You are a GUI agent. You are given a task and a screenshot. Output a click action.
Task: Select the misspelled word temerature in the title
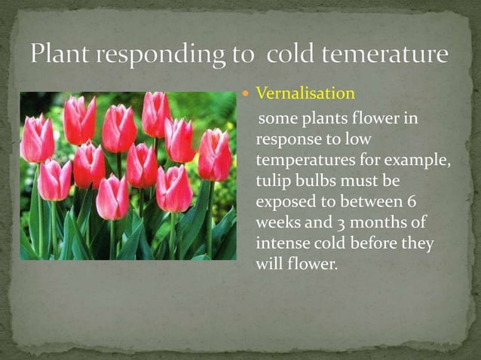(384, 54)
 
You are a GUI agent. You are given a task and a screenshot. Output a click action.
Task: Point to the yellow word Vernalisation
(305, 93)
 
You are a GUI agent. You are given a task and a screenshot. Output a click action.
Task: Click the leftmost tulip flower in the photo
(37, 139)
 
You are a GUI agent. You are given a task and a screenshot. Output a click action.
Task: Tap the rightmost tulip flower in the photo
(214, 154)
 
